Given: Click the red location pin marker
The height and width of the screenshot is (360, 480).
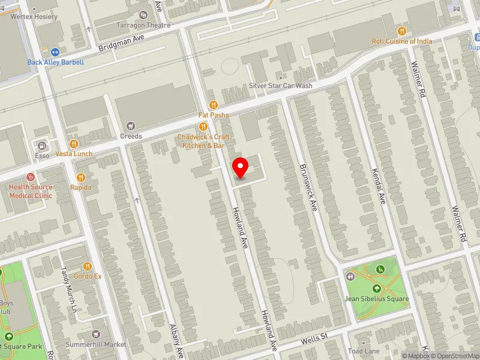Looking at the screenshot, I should point(241,167).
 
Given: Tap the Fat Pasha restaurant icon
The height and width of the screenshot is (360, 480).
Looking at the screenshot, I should point(212,104).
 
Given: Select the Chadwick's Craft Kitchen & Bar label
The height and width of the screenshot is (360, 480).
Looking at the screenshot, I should point(204,141).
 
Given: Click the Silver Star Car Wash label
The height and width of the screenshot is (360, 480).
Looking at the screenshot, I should point(281,86).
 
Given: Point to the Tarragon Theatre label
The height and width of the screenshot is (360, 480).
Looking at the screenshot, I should point(143,25).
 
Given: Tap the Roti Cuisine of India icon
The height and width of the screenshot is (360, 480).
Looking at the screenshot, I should point(402,31).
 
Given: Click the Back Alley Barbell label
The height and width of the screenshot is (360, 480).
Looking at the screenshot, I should point(55,62).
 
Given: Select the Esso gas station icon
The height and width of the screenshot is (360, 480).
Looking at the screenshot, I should point(42,145).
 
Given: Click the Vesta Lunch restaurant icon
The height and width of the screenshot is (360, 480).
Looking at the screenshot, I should point(74,144).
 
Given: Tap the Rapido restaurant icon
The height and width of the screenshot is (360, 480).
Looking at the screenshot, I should point(81,178).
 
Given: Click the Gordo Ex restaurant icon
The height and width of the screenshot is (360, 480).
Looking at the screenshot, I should point(88,266).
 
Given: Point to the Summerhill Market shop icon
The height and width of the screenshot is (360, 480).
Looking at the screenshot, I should point(95,334).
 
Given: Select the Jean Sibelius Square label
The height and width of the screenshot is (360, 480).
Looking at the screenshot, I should point(376,299).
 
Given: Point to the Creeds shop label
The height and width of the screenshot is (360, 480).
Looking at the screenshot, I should point(131,136).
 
